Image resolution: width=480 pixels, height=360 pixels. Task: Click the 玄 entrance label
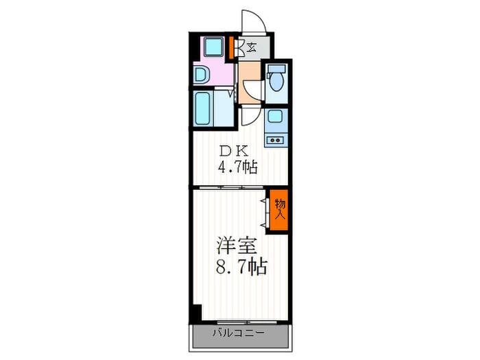(x=252, y=47)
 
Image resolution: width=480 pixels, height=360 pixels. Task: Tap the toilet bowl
(x=276, y=80)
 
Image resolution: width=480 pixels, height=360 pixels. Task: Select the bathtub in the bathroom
(x=203, y=108)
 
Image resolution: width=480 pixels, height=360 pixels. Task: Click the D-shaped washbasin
(x=202, y=75)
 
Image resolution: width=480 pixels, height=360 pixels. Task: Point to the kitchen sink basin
(x=276, y=117)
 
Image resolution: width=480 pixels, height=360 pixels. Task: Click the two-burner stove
(x=275, y=140)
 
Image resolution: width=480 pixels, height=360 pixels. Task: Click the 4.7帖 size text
(x=237, y=167)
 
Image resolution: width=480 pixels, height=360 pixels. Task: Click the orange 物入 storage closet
(x=279, y=210)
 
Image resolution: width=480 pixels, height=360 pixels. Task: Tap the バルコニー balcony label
(x=239, y=333)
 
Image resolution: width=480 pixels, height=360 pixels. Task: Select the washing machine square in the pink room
(x=213, y=47)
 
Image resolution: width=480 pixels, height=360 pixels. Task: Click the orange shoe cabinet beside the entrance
(x=232, y=47)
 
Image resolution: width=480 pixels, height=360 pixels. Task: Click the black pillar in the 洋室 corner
(x=197, y=313)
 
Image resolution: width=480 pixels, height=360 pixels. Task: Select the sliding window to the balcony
(x=248, y=322)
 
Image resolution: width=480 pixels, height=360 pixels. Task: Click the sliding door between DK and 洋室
(x=232, y=187)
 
